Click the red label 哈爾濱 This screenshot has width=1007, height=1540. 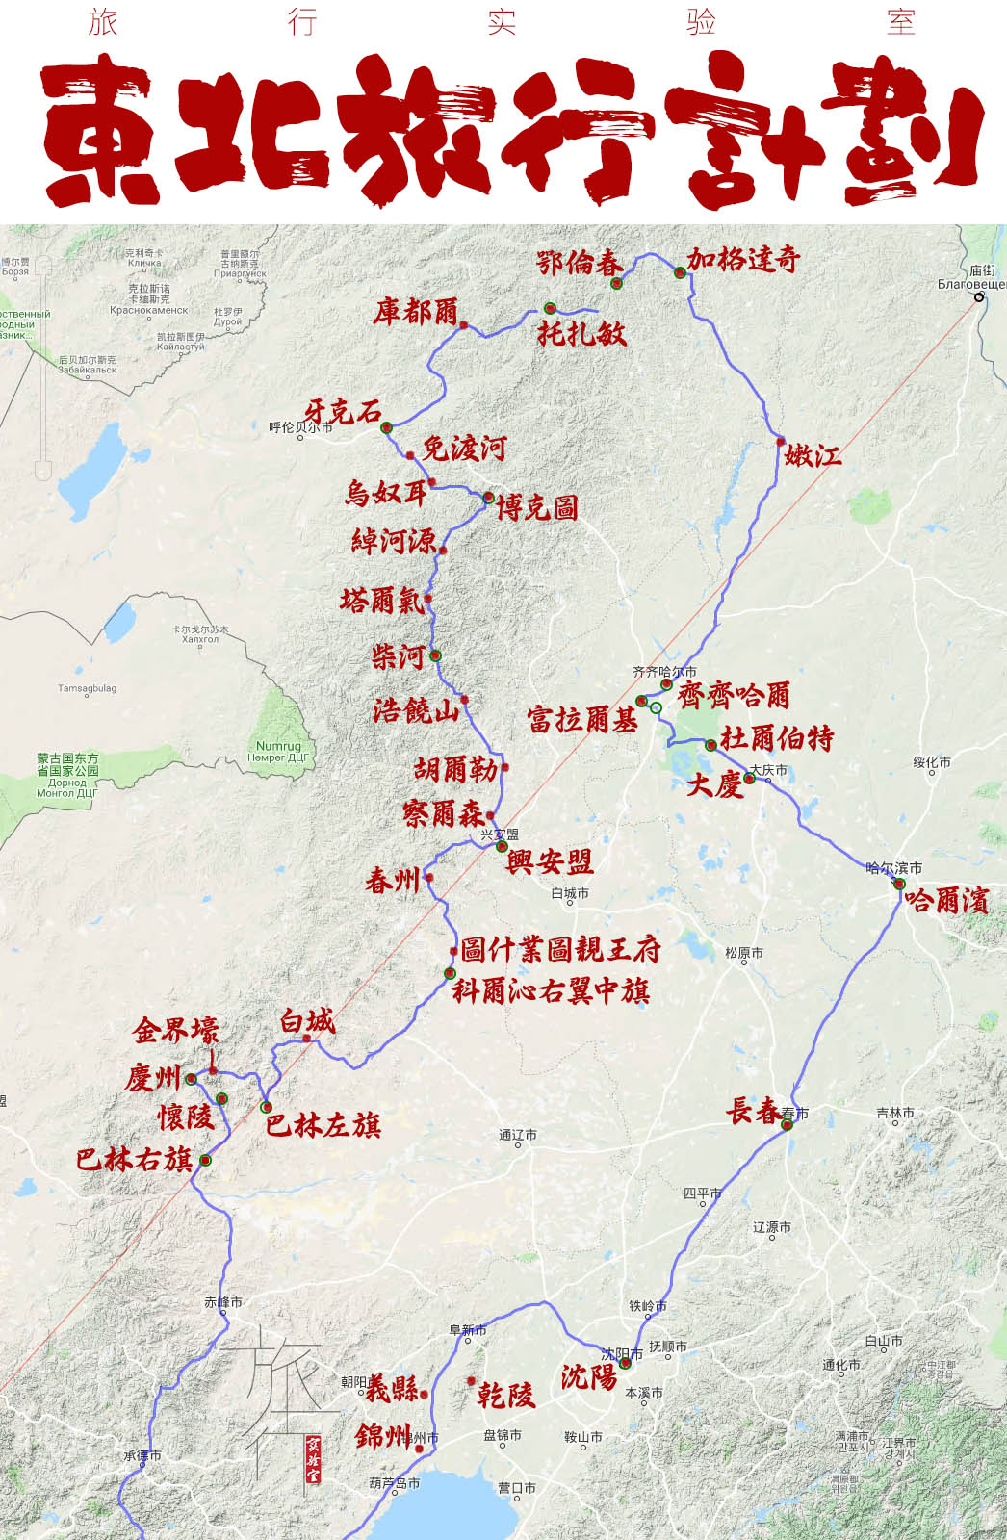[x=946, y=901]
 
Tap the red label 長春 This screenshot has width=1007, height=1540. [x=754, y=1111]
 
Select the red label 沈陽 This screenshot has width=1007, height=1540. [x=589, y=1376]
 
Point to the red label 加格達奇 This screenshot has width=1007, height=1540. [x=743, y=259]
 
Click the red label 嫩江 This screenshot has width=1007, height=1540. [x=813, y=454]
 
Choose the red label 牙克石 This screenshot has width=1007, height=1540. [x=343, y=412]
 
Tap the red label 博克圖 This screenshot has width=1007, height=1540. [x=537, y=507]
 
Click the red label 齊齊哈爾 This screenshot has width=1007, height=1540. [x=735, y=694]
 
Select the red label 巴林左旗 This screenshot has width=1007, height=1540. [x=323, y=1124]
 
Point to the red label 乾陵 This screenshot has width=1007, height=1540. [x=505, y=1395]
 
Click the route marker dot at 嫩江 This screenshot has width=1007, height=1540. [x=781, y=442]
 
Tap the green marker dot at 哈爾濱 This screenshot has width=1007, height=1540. [x=898, y=884]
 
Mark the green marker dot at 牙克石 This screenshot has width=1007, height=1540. [x=386, y=427]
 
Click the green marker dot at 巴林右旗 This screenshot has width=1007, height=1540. [x=205, y=1161]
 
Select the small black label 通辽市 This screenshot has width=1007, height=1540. [x=518, y=1135]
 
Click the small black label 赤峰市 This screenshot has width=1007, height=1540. [x=223, y=1302]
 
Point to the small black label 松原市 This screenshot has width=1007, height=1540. [x=744, y=953]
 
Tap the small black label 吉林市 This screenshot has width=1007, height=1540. [x=895, y=1113]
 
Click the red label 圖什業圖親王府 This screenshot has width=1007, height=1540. [x=560, y=949]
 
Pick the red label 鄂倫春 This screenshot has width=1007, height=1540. [x=580, y=263]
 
